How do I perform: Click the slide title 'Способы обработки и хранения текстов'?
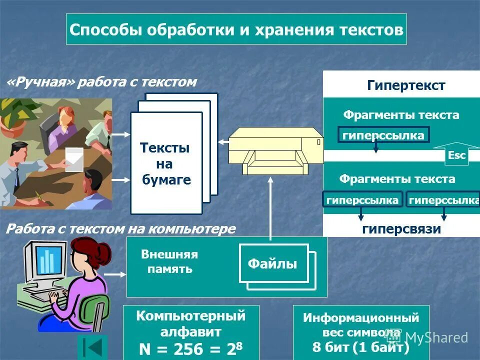pyautogui.click(x=236, y=29)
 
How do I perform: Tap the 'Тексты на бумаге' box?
pyautogui.click(x=166, y=163)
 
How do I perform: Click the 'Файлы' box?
pyautogui.click(x=272, y=263)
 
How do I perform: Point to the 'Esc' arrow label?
pyautogui.click(x=456, y=155)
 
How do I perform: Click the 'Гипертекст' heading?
pyautogui.click(x=406, y=85)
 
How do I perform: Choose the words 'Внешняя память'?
pyautogui.click(x=169, y=261)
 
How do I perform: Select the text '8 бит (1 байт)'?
pyautogui.click(x=360, y=347)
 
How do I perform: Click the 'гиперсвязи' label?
pyautogui.click(x=401, y=229)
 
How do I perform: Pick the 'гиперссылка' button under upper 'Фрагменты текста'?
pyautogui.click(x=383, y=135)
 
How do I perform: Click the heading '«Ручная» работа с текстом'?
pyautogui.click(x=101, y=82)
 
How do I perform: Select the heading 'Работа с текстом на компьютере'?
pyautogui.click(x=120, y=229)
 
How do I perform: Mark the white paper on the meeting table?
pyautogui.click(x=74, y=159)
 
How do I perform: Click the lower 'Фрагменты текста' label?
pyautogui.click(x=397, y=179)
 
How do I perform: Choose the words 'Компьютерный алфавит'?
pyautogui.click(x=191, y=323)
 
